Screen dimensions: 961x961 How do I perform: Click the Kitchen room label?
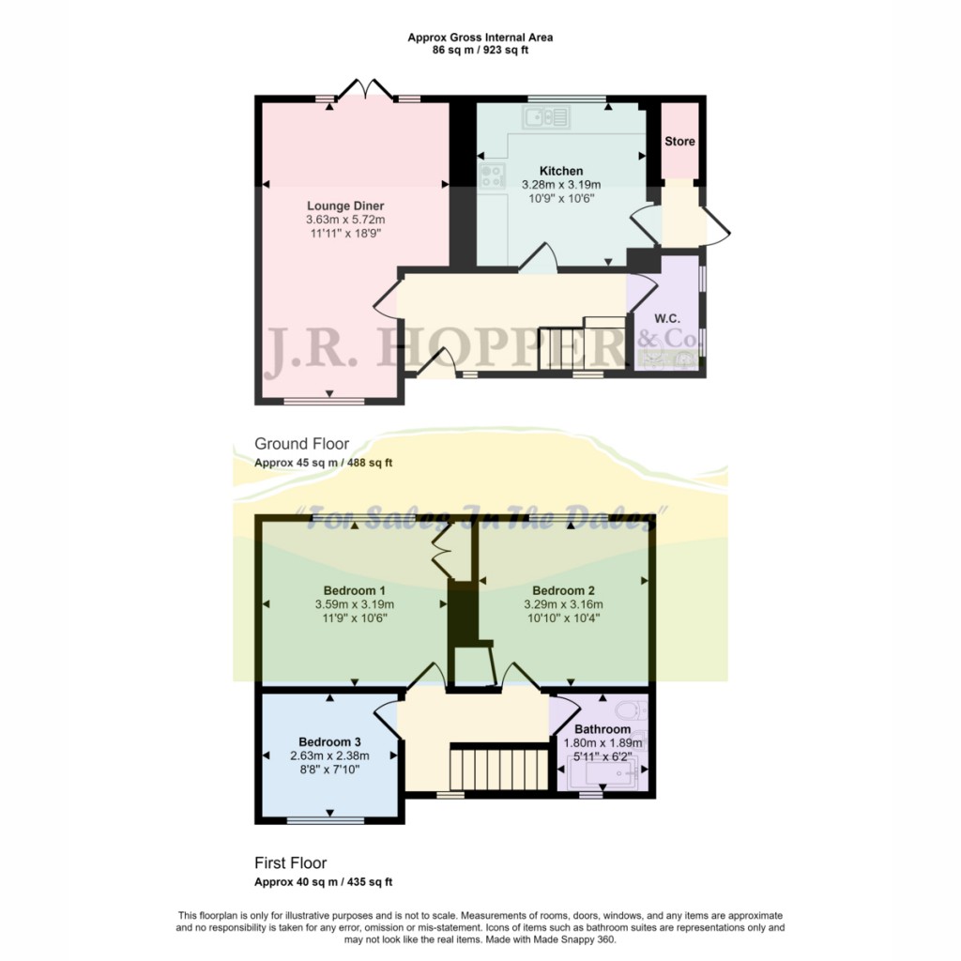tap(561, 171)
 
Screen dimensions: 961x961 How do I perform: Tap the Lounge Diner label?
tap(345, 206)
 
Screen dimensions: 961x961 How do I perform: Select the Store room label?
tap(679, 142)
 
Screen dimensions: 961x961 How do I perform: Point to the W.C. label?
tap(667, 318)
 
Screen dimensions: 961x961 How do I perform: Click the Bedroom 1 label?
tap(354, 590)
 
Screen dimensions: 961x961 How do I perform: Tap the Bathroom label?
tap(603, 729)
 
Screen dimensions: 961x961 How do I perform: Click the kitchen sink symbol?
tap(547, 117)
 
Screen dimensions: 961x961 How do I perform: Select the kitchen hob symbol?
tap(492, 175)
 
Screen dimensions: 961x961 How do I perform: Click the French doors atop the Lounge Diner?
tap(365, 91)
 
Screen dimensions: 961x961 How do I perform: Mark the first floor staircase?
tap(497, 767)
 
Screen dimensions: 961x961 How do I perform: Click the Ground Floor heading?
tap(301, 444)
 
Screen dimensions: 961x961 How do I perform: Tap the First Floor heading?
tap(290, 862)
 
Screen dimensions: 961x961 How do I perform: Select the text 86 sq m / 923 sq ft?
tap(480, 51)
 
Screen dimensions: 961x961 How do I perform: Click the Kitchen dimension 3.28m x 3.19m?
tap(561, 185)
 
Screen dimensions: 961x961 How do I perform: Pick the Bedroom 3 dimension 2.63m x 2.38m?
tap(329, 755)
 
